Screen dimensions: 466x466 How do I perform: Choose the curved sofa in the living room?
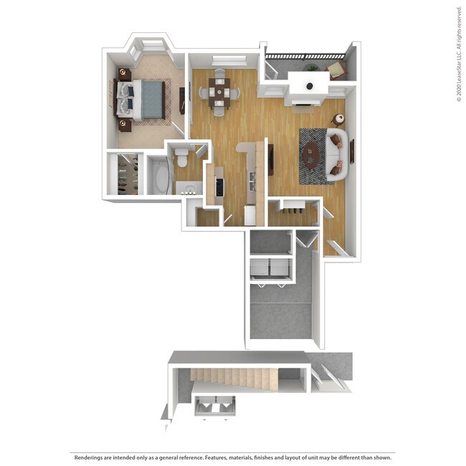point(337,154)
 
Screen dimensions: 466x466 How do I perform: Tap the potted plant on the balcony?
point(313,68)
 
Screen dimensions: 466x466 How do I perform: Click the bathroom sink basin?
point(189,190)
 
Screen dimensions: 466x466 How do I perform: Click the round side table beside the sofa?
point(338,120)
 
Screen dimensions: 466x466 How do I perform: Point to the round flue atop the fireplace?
point(309,86)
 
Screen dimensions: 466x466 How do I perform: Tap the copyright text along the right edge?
point(458,54)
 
